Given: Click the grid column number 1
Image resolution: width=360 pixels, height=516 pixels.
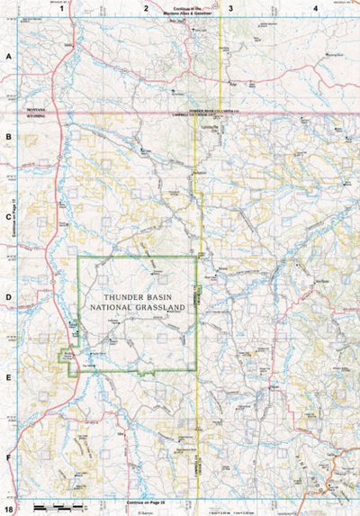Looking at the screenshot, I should (x=61, y=8).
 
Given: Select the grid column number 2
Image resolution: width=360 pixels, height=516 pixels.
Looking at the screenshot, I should (x=145, y=8).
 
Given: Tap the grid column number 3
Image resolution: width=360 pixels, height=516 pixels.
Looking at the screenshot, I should (x=230, y=8).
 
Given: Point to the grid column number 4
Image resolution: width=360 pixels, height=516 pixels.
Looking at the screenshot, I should (x=315, y=8).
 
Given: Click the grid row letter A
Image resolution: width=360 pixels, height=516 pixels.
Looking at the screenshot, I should (x=8, y=56).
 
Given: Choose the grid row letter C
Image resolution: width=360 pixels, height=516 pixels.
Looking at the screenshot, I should (x=8, y=216).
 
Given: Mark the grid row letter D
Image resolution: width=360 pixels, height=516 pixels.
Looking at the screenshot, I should (x=8, y=296).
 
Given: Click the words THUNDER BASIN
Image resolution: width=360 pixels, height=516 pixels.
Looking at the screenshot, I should (x=138, y=295).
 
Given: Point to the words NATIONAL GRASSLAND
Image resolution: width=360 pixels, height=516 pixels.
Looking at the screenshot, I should (x=138, y=307).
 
